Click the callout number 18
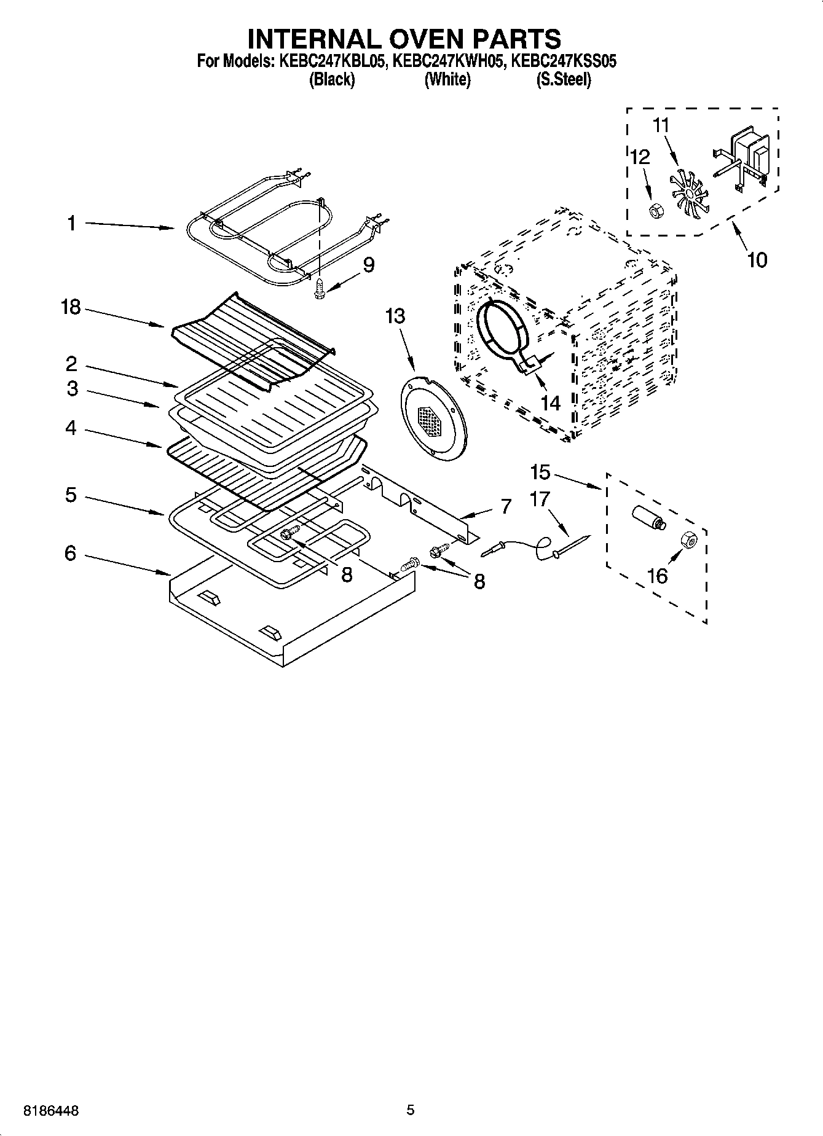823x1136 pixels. coord(71,307)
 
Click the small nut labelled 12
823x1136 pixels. coord(655,211)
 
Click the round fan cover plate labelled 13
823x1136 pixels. coord(431,418)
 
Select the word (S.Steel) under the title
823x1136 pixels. coord(564,80)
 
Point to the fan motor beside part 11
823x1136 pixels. coord(745,159)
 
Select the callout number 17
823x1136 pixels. coord(539,499)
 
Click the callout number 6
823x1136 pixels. coord(71,554)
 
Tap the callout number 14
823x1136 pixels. coord(550,403)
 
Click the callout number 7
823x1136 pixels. coord(506,507)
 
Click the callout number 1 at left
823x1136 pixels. coord(72,223)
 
